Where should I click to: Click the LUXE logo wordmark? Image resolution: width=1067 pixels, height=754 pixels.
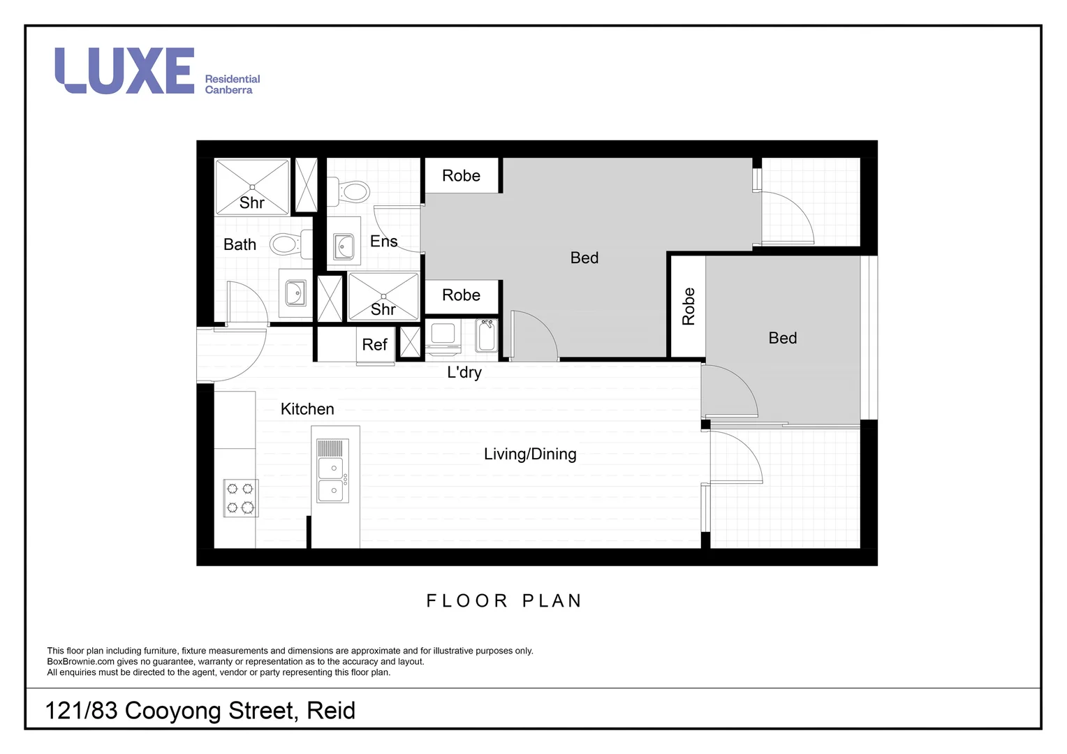click(124, 71)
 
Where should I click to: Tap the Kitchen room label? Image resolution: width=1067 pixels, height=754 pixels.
click(307, 409)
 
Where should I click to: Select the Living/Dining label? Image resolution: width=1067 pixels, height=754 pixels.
click(530, 454)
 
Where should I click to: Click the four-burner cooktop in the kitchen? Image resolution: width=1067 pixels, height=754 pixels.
click(240, 498)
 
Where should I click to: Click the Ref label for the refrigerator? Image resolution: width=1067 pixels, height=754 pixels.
click(374, 344)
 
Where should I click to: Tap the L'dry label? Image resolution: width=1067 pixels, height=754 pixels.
click(464, 372)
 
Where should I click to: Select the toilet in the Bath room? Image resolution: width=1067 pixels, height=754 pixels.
click(286, 244)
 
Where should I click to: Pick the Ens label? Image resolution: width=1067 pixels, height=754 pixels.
click(383, 242)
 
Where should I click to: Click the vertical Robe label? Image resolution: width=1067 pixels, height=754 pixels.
click(689, 306)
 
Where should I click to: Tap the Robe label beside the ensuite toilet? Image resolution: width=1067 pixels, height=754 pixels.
click(461, 176)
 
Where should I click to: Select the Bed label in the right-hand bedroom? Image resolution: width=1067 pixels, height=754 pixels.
click(782, 338)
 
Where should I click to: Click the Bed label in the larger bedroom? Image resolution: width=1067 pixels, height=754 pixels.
click(584, 258)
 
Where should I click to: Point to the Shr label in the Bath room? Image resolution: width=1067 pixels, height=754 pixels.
click(251, 202)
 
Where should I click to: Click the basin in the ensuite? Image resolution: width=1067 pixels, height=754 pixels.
click(344, 246)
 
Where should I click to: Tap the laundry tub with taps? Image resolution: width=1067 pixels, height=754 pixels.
click(487, 336)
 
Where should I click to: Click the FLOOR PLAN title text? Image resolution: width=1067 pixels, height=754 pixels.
click(504, 600)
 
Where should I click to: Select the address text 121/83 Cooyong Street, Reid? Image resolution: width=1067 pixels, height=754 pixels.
click(200, 710)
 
